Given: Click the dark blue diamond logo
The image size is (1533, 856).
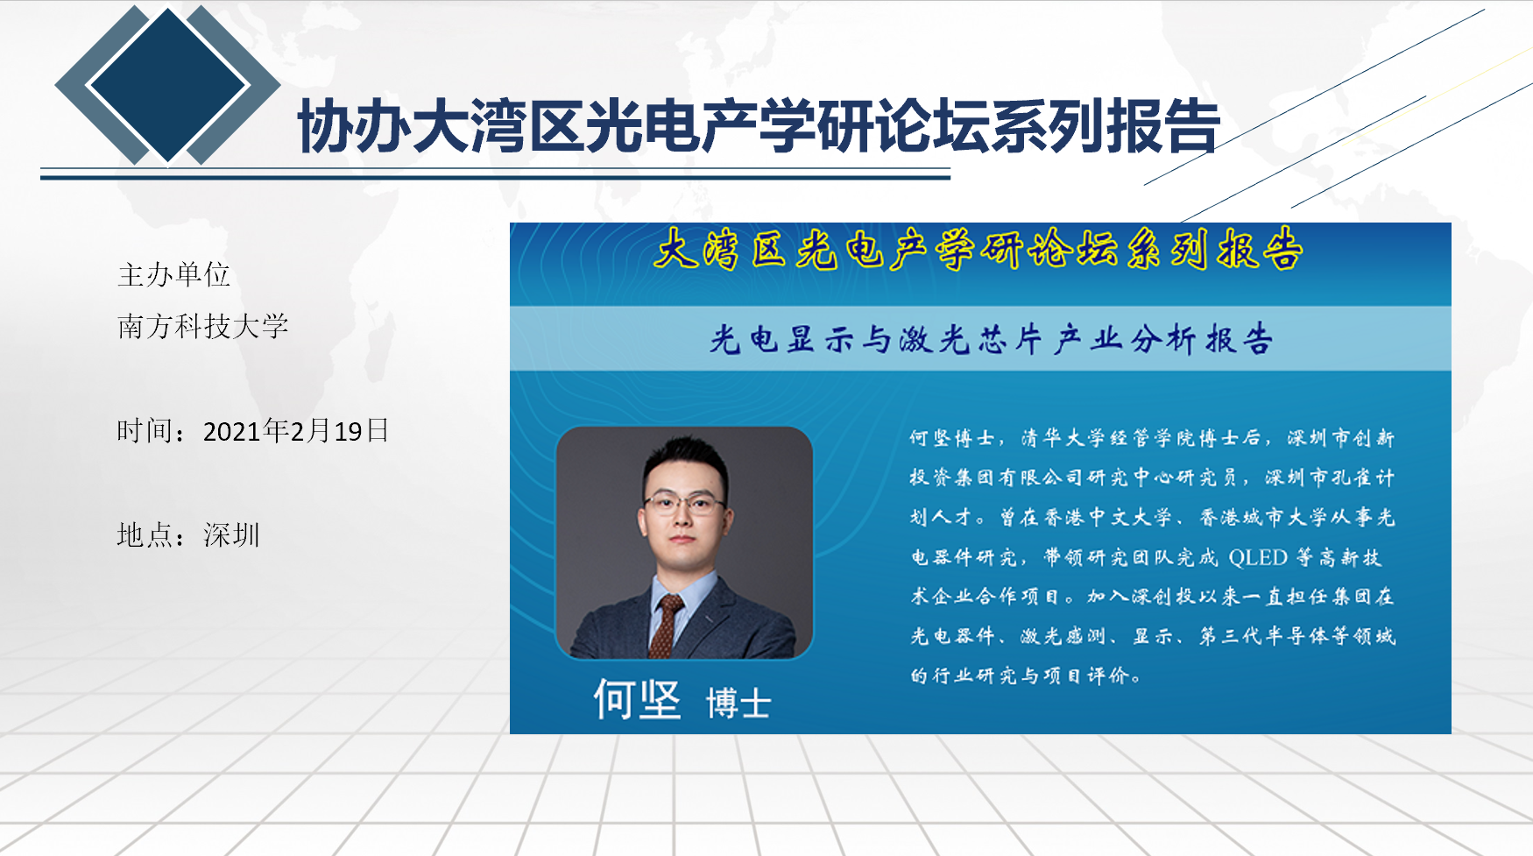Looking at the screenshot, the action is pos(167,84).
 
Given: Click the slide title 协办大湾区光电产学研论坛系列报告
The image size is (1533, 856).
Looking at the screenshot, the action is pos(759,126).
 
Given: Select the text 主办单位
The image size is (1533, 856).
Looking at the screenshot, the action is pos(173,275).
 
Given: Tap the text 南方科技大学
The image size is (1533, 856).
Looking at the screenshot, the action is pos(202,327).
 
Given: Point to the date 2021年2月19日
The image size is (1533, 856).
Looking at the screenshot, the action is pos(296,431).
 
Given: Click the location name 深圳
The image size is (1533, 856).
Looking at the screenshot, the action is pos(231,535).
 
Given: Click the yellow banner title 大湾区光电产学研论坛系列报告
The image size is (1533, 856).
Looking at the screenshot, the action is pos(978,250).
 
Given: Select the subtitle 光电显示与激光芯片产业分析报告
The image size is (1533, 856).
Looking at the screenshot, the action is pos(991,340).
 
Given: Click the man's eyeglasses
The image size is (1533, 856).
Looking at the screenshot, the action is pos(684,503).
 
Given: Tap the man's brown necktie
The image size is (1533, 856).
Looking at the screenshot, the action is pos(665,626).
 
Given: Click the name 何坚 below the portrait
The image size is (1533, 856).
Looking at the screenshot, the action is pos(637,699).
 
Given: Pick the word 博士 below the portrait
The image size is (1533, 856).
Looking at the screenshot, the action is pos(738,703).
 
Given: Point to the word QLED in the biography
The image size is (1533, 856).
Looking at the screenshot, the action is pos(1258,558).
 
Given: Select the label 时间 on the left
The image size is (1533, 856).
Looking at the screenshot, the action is pos(145,431).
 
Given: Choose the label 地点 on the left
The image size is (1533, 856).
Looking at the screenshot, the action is pos(145,535).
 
